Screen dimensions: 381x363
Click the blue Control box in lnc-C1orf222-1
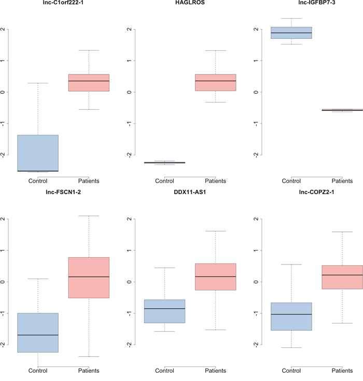pyautogui.click(x=38, y=153)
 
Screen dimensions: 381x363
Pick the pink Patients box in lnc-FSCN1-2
pyautogui.click(x=89, y=277)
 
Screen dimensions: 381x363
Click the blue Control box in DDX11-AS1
pyautogui.click(x=164, y=311)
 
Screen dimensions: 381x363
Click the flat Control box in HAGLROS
pyautogui.click(x=164, y=163)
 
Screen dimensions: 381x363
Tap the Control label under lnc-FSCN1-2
pyautogui.click(x=38, y=371)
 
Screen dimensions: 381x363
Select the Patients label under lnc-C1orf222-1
pyautogui.click(x=89, y=181)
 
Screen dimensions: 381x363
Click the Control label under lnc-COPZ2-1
pyautogui.click(x=291, y=371)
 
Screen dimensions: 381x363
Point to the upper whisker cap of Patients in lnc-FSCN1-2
pyautogui.click(x=89, y=216)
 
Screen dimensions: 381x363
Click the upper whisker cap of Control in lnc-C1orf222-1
pyautogui.click(x=38, y=83)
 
